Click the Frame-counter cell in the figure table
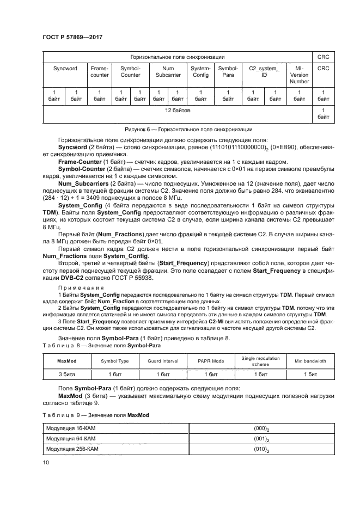coord(99,72)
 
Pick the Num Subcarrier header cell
coord(168,72)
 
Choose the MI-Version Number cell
coord(299,75)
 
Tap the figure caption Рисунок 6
coord(180,130)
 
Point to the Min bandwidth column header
coord(310,361)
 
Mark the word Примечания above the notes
coord(76,286)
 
